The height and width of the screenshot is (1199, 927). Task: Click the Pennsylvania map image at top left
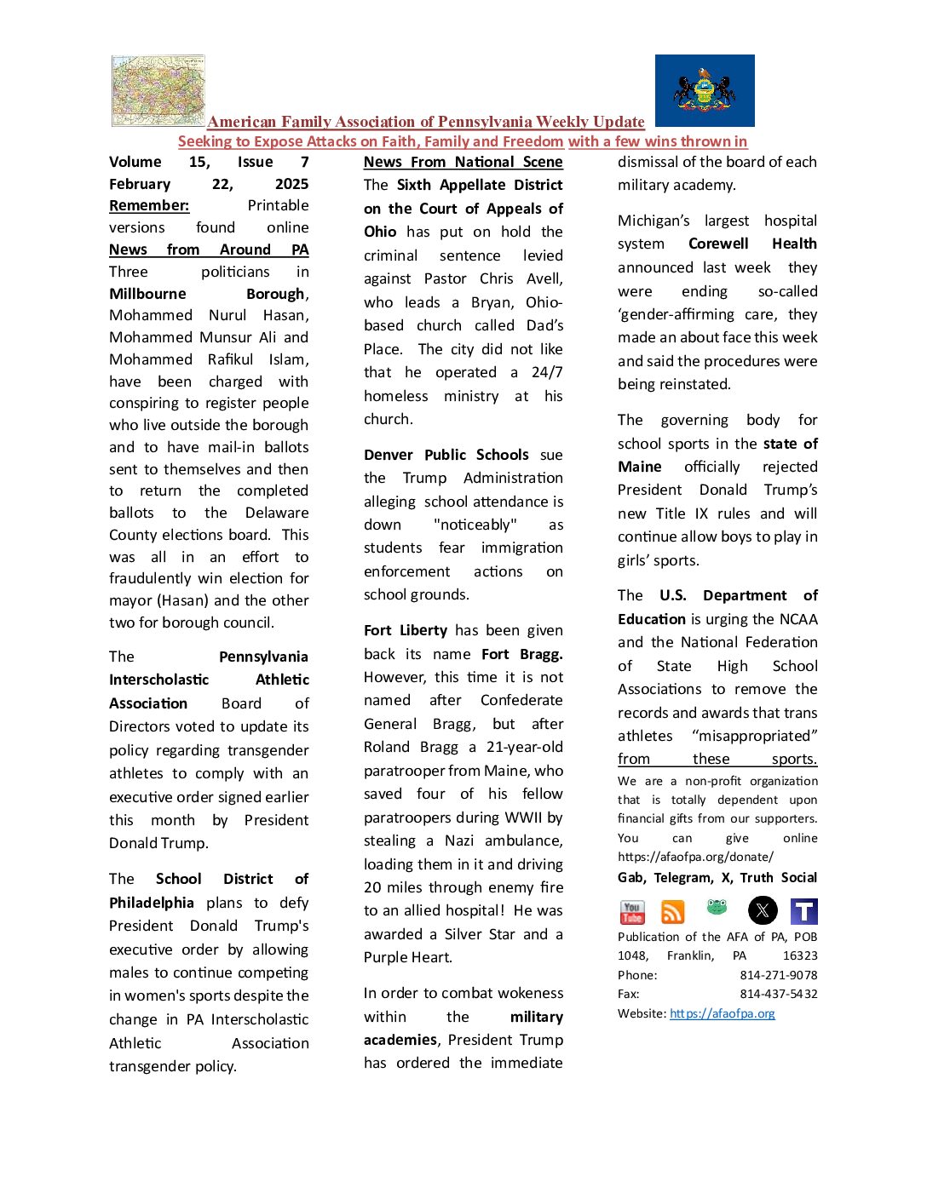click(158, 91)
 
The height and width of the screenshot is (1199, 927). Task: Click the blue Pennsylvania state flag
click(705, 90)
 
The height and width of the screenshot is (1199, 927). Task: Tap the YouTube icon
click(632, 912)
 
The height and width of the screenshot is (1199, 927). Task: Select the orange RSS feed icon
click(673, 912)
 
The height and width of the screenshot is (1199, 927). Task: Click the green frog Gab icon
click(717, 908)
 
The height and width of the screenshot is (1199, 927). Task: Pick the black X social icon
click(763, 911)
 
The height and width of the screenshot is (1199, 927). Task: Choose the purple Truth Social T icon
click(803, 911)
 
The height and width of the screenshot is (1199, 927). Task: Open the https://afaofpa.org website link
click(723, 1013)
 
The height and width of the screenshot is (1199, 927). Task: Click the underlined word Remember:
click(149, 205)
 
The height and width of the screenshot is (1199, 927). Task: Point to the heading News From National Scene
click(463, 162)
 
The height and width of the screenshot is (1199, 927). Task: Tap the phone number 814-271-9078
click(779, 975)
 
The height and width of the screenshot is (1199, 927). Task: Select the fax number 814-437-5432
click(779, 994)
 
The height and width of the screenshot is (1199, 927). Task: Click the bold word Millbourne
click(147, 294)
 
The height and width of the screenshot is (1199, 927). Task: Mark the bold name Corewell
click(718, 244)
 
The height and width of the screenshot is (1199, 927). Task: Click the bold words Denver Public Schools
click(446, 455)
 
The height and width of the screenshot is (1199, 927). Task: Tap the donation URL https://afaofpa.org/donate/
click(696, 857)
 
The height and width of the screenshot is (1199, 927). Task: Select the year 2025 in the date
click(291, 184)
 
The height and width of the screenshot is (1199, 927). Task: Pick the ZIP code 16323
click(800, 955)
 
